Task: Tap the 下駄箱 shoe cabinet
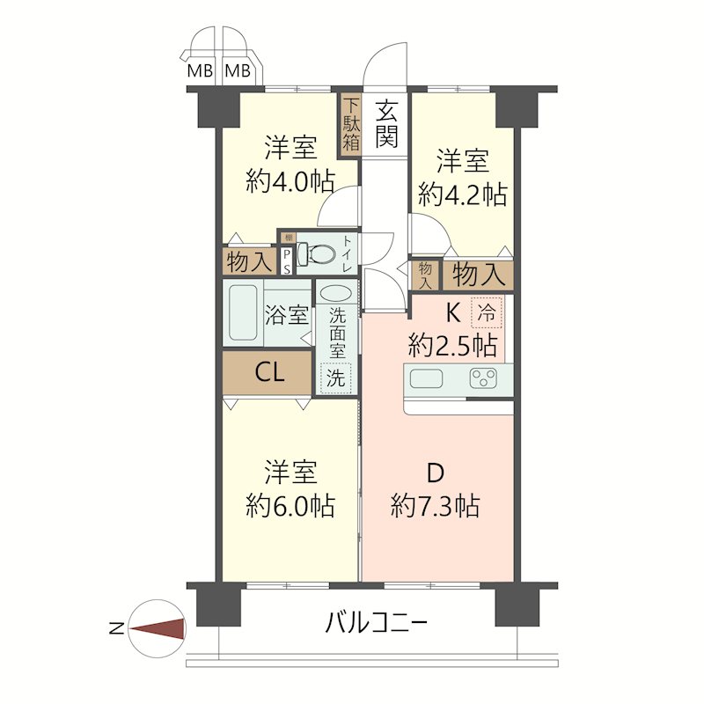point(351,123)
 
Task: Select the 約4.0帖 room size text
point(290,181)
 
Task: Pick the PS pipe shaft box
point(286,261)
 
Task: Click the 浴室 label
point(286,314)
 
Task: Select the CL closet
point(268,372)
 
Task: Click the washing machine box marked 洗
point(336,378)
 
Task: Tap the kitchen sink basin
point(426,379)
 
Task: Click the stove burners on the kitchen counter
point(483,379)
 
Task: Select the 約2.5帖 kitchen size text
point(452,343)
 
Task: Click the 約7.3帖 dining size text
point(435,506)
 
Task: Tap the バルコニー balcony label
point(377,624)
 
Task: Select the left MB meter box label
point(200,71)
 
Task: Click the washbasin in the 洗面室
point(336,294)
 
